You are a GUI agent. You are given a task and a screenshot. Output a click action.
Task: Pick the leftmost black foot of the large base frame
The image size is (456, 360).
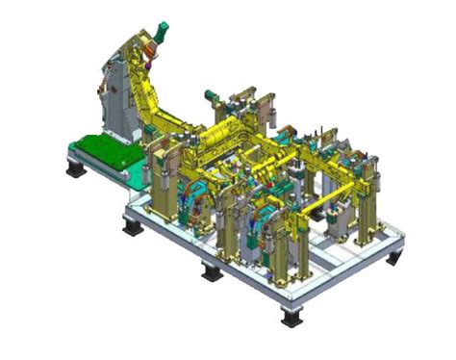pos(130,229)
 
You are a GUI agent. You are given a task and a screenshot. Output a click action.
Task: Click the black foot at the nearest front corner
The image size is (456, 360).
pos(290,315)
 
